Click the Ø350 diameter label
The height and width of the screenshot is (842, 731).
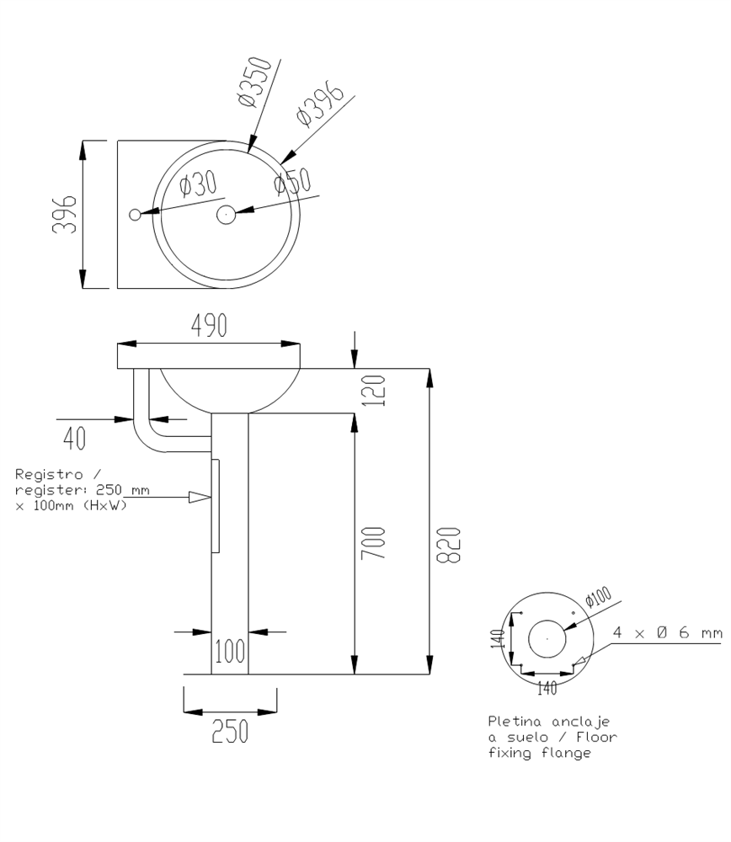click(x=254, y=82)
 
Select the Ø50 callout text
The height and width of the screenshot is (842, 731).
click(x=292, y=181)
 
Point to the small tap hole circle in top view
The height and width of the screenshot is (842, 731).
click(x=135, y=215)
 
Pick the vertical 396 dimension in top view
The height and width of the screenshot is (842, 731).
click(x=65, y=214)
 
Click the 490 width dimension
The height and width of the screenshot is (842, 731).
click(x=209, y=325)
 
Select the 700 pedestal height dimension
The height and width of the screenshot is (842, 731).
click(x=373, y=543)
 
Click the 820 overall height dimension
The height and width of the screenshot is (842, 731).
click(x=449, y=545)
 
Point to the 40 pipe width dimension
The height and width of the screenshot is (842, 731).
click(x=74, y=438)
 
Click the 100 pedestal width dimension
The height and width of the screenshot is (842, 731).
click(x=230, y=651)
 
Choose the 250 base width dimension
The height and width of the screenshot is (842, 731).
click(x=230, y=731)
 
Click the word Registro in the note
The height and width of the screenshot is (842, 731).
click(x=49, y=474)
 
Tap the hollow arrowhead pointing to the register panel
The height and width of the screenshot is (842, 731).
click(x=200, y=498)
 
